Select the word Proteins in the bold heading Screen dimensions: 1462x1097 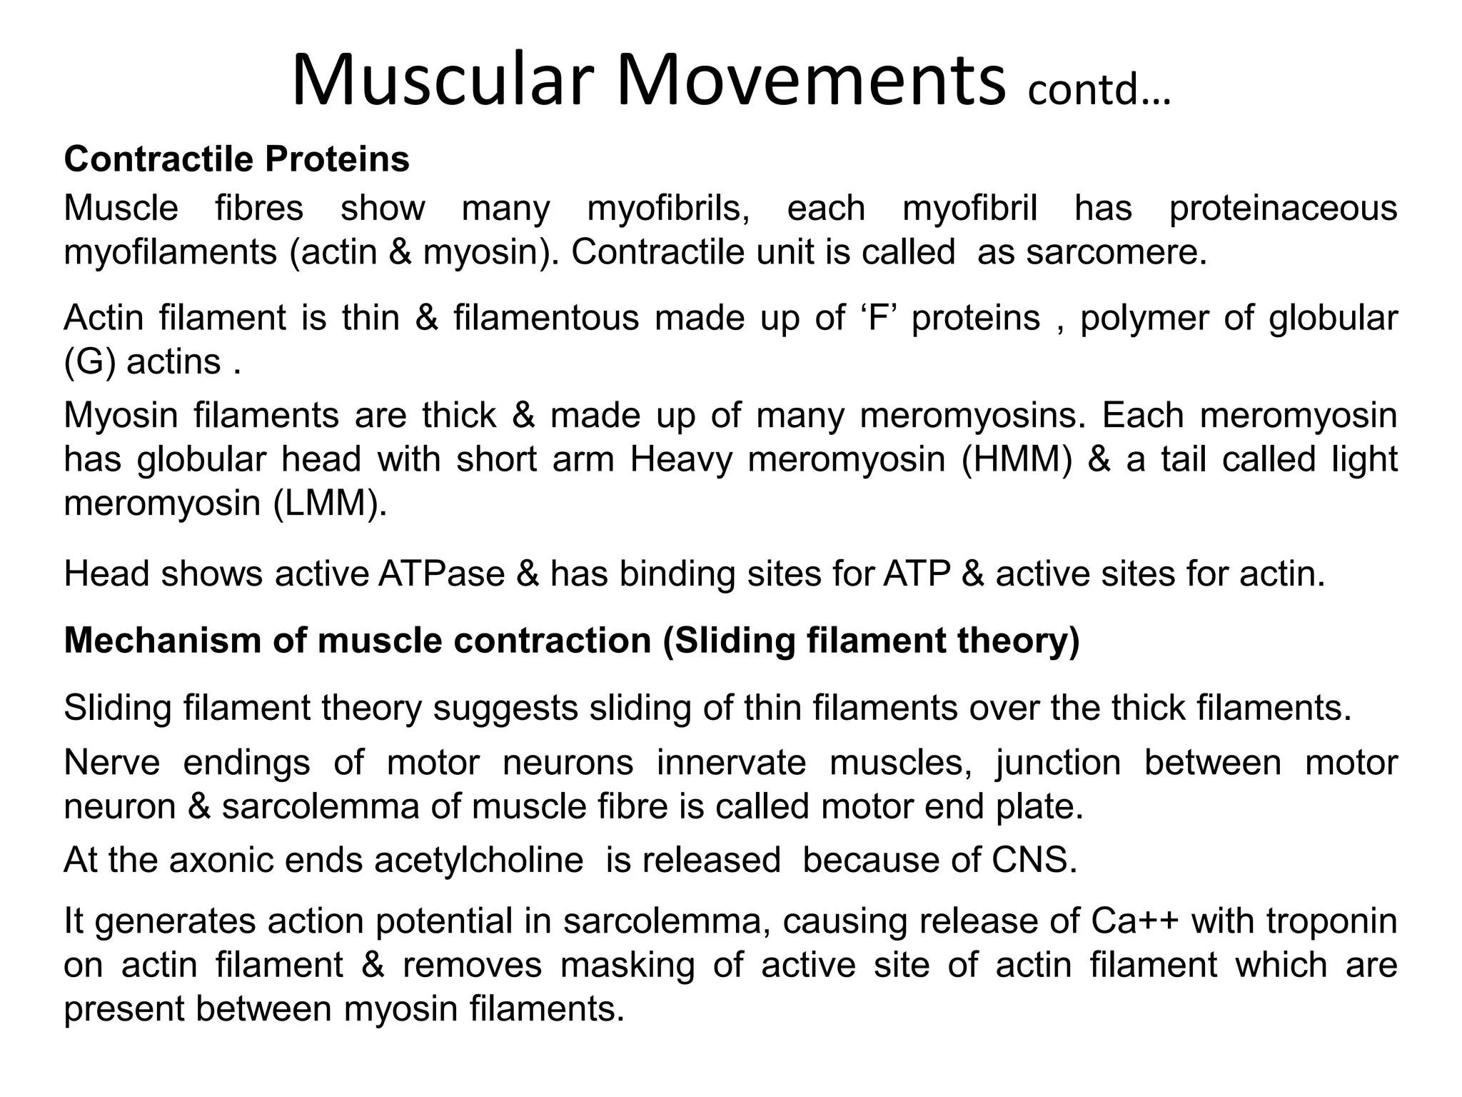tap(337, 159)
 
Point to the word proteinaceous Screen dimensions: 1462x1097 tap(1283, 209)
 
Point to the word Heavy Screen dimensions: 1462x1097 tap(681, 459)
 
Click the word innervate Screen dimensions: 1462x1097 tap(731, 762)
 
